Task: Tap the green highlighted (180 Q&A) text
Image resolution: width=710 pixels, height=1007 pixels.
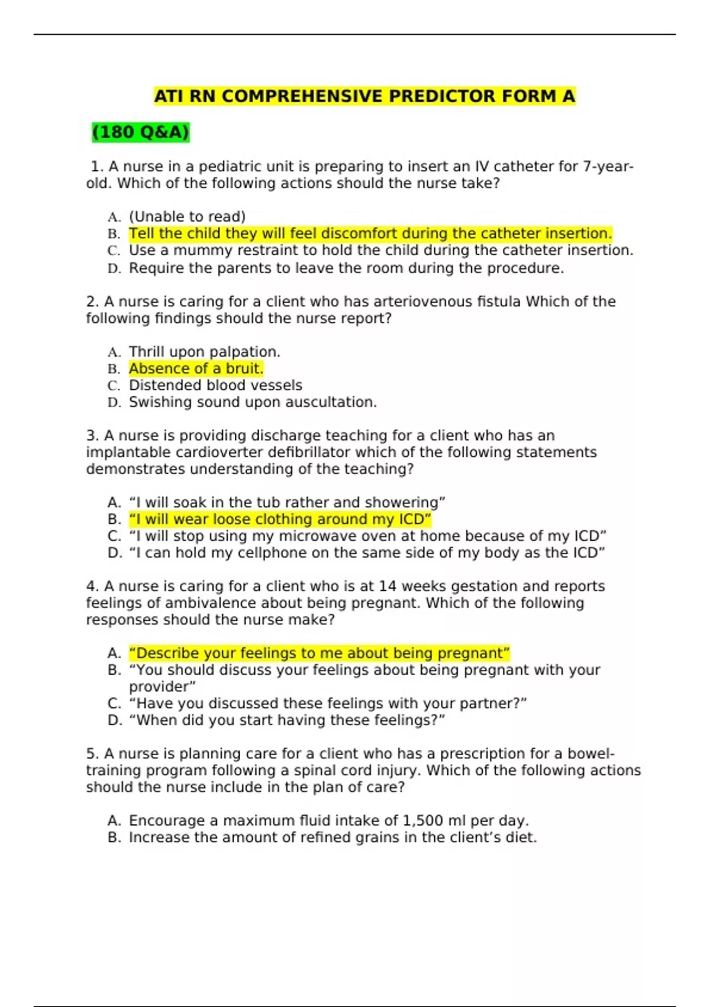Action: pos(140,132)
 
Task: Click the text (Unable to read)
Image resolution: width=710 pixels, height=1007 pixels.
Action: pos(187,216)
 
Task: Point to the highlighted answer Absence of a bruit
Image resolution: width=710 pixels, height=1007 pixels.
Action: pos(196,368)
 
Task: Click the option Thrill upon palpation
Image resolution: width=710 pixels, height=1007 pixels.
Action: pos(204,352)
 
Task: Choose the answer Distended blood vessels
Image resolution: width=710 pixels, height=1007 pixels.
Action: pos(215,386)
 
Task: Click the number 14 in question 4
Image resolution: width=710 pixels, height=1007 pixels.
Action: pos(387,586)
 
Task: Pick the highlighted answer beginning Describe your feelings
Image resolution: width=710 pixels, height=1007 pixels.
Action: pos(319,653)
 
